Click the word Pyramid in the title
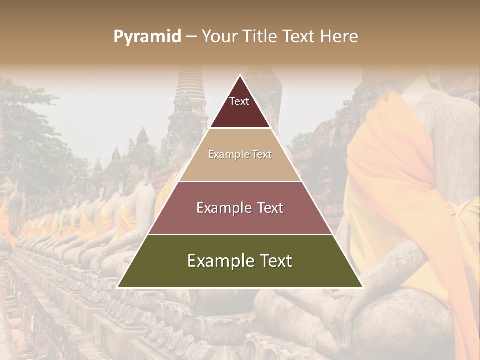[147, 37]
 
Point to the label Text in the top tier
[239, 101]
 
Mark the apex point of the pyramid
[240, 75]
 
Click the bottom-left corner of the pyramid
[117, 287]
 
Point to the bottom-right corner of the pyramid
[363, 287]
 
